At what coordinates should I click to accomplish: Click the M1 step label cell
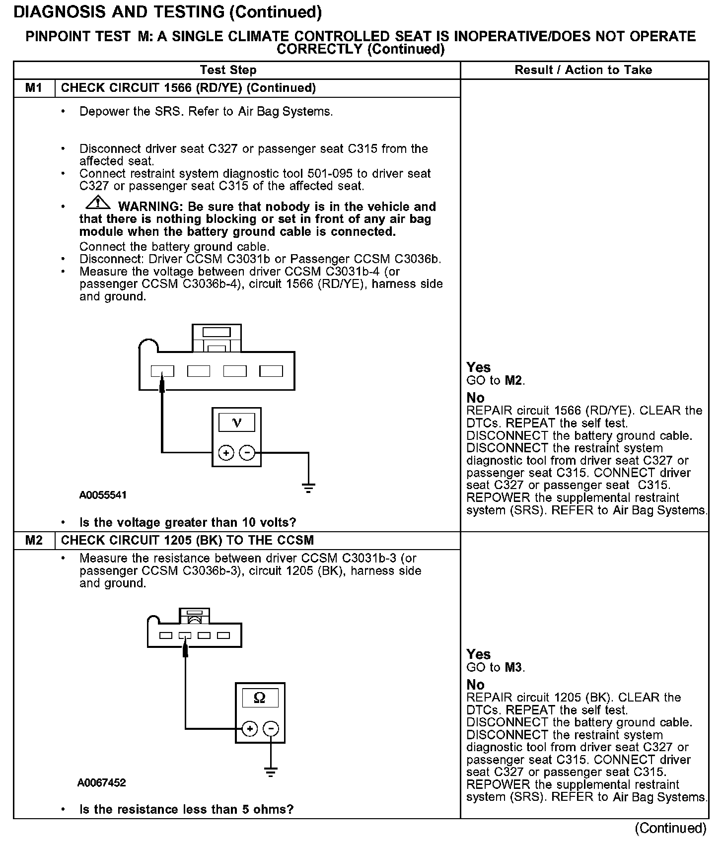[34, 88]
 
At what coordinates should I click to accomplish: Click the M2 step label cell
[34, 540]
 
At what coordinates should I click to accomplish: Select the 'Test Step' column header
[228, 70]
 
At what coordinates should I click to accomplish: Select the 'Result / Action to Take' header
[583, 70]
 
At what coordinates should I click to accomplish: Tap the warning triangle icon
[98, 203]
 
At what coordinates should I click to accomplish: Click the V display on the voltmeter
[237, 422]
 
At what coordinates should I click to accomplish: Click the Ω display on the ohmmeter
[259, 698]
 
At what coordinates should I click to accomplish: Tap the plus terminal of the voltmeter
[226, 453]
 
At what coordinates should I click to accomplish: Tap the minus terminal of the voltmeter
[247, 453]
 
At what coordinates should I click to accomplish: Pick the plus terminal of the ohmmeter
[249, 729]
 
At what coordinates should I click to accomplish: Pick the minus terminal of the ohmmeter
[271, 729]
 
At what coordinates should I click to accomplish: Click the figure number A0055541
[103, 495]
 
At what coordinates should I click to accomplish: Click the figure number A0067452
[101, 783]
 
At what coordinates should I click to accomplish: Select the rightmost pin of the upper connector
[271, 371]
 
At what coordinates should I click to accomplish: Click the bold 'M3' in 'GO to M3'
[514, 667]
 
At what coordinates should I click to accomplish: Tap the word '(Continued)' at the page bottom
[670, 828]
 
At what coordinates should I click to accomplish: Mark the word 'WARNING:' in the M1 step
[150, 207]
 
